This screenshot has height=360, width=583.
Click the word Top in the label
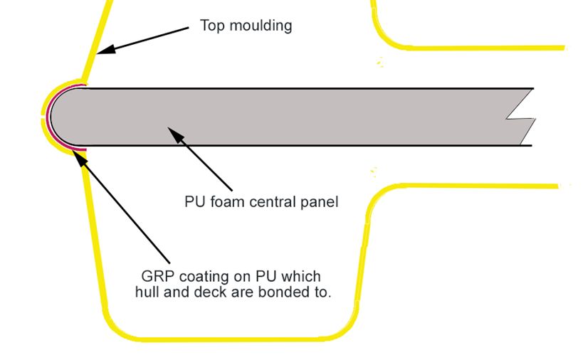(213, 26)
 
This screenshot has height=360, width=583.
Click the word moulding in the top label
(261, 26)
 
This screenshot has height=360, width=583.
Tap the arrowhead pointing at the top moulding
(106, 49)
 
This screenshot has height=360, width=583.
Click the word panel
(320, 203)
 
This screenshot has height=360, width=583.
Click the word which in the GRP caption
(300, 277)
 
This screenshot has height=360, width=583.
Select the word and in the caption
(177, 292)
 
